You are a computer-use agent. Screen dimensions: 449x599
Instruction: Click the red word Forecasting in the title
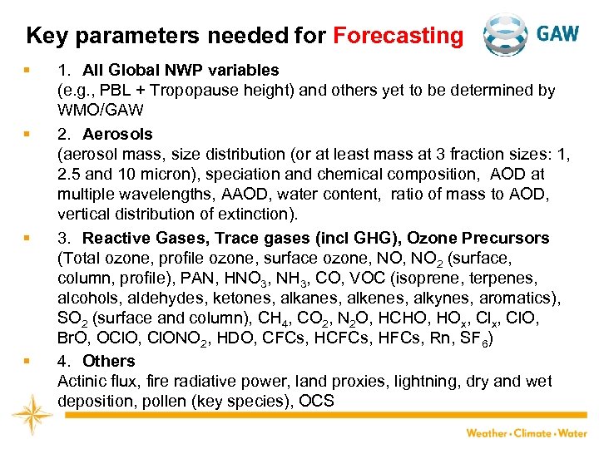point(398,36)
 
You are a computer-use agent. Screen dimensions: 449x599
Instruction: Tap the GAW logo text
point(557,34)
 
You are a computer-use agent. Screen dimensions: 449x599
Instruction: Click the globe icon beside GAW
point(506,35)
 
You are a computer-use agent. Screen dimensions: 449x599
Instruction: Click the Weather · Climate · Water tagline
point(526,433)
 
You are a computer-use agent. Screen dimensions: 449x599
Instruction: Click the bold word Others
point(108,361)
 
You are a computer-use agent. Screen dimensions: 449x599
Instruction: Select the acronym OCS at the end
point(317,402)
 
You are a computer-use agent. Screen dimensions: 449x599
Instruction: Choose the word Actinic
point(82,382)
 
